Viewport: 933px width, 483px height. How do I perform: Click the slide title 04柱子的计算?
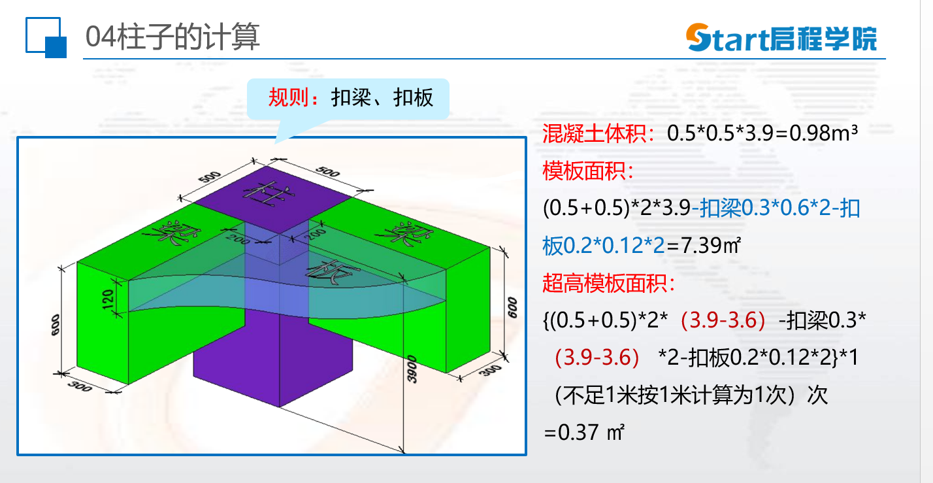173,37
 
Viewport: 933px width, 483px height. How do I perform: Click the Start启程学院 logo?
782,38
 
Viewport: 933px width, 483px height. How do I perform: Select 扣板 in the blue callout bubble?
413,98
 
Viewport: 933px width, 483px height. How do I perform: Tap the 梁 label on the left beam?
171,233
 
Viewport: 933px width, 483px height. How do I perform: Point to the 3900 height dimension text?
412,369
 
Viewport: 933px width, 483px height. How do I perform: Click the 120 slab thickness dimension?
108,299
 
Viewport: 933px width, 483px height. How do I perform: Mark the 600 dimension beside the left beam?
55,325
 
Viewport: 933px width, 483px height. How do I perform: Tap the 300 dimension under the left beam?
80,386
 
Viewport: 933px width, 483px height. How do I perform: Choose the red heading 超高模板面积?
608,284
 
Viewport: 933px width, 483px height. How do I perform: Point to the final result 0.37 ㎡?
584,432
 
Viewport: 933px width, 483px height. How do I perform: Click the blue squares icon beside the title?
46,37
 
